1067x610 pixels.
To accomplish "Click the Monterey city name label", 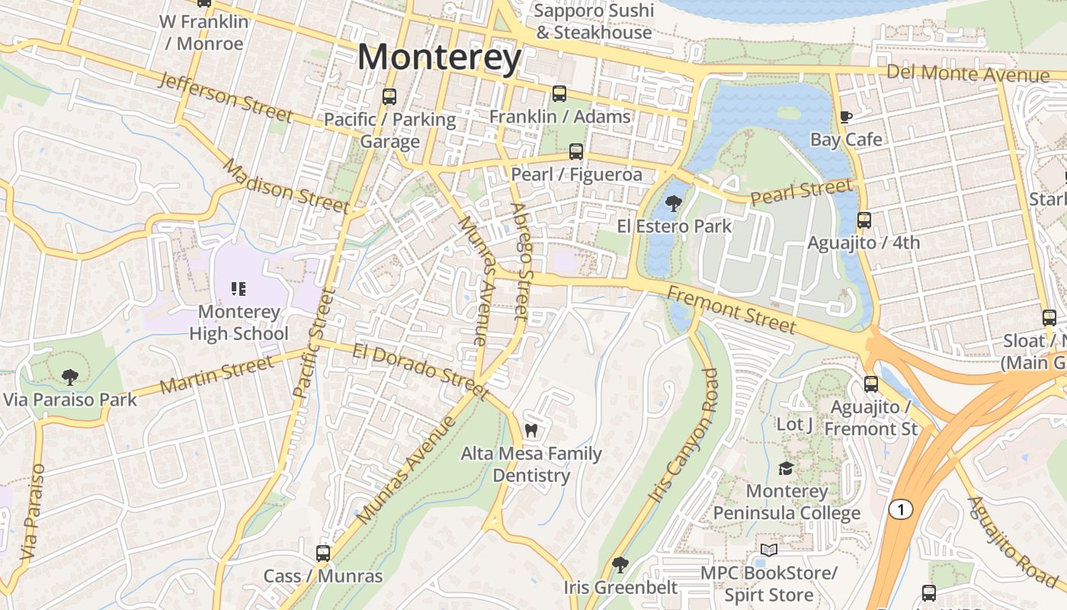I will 439,57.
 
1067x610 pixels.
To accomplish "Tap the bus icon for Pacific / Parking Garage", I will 389,97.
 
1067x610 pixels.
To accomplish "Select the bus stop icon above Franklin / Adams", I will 559,94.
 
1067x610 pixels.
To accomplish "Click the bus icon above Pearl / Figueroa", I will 576,151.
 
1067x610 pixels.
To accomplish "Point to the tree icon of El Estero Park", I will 673,203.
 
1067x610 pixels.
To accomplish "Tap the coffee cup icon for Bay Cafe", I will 845,117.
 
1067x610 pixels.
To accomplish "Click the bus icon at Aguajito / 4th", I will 864,220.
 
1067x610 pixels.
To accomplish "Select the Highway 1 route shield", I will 902,509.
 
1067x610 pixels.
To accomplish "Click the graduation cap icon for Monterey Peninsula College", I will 786,468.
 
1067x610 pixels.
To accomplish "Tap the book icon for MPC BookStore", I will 769,550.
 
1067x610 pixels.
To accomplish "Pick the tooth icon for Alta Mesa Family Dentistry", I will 532,430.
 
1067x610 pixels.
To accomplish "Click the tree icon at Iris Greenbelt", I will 620,564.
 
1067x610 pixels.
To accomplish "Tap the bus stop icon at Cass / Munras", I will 323,553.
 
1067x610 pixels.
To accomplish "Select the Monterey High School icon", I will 239,288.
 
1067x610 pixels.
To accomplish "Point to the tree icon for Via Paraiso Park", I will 70,376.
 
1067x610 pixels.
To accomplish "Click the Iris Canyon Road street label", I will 684,435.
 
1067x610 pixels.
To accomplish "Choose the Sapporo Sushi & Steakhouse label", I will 594,21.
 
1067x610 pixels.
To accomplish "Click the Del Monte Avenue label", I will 968,74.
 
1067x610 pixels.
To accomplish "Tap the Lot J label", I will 794,424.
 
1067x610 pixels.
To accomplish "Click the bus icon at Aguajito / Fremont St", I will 871,384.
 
